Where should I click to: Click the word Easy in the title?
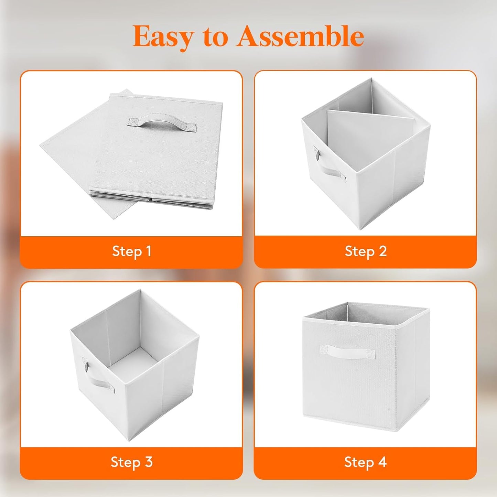[x=163, y=36]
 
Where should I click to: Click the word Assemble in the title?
[x=300, y=36]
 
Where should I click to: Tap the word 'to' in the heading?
[x=215, y=36]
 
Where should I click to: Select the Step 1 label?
[x=131, y=251]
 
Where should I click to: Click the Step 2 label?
[x=365, y=251]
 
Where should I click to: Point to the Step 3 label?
[x=131, y=462]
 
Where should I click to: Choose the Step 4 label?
[x=365, y=462]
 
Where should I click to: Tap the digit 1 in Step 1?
[x=148, y=251]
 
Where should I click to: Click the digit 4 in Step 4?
[x=382, y=462]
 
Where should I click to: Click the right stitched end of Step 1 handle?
[x=192, y=127]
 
